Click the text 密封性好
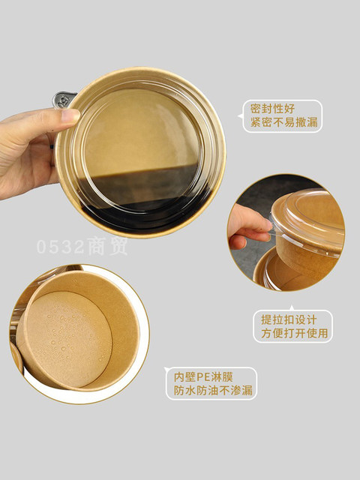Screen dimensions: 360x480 (272, 109)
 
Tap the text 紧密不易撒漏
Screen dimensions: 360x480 (283, 122)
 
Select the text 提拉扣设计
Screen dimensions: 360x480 (288, 319)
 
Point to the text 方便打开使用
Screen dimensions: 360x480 (294, 333)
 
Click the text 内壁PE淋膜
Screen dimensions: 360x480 (203, 376)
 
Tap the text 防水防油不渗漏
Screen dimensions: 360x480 (213, 390)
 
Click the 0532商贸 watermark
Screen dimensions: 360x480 (82, 246)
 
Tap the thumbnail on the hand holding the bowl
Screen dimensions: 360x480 (70, 116)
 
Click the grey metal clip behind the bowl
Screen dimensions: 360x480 (63, 99)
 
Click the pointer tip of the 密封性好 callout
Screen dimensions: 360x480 (238, 116)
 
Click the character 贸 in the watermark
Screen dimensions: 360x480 (118, 246)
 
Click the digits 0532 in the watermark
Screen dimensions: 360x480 (60, 247)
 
